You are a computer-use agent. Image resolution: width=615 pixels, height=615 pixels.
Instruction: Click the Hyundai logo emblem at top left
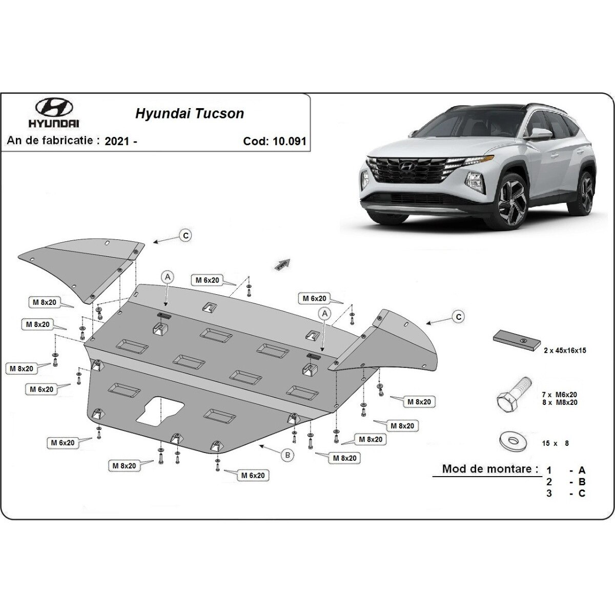[x=54, y=107]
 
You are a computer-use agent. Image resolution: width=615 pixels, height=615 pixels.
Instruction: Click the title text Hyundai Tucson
[x=190, y=114]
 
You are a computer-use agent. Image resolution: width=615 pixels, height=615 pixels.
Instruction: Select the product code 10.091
[x=290, y=141]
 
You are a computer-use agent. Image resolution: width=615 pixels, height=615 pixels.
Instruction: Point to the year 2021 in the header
[x=117, y=141]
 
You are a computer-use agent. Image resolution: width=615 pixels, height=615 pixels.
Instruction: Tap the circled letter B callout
[x=288, y=455]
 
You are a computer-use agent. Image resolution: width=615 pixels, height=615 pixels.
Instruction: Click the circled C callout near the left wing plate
[x=186, y=236]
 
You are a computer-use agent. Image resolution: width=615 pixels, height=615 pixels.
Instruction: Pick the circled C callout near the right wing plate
[x=459, y=317]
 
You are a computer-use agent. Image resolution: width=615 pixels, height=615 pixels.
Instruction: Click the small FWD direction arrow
[x=283, y=264]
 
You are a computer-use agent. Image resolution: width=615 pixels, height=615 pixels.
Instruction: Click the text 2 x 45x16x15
[x=565, y=351]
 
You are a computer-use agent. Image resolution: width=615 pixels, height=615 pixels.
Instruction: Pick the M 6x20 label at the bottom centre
[x=253, y=476]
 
